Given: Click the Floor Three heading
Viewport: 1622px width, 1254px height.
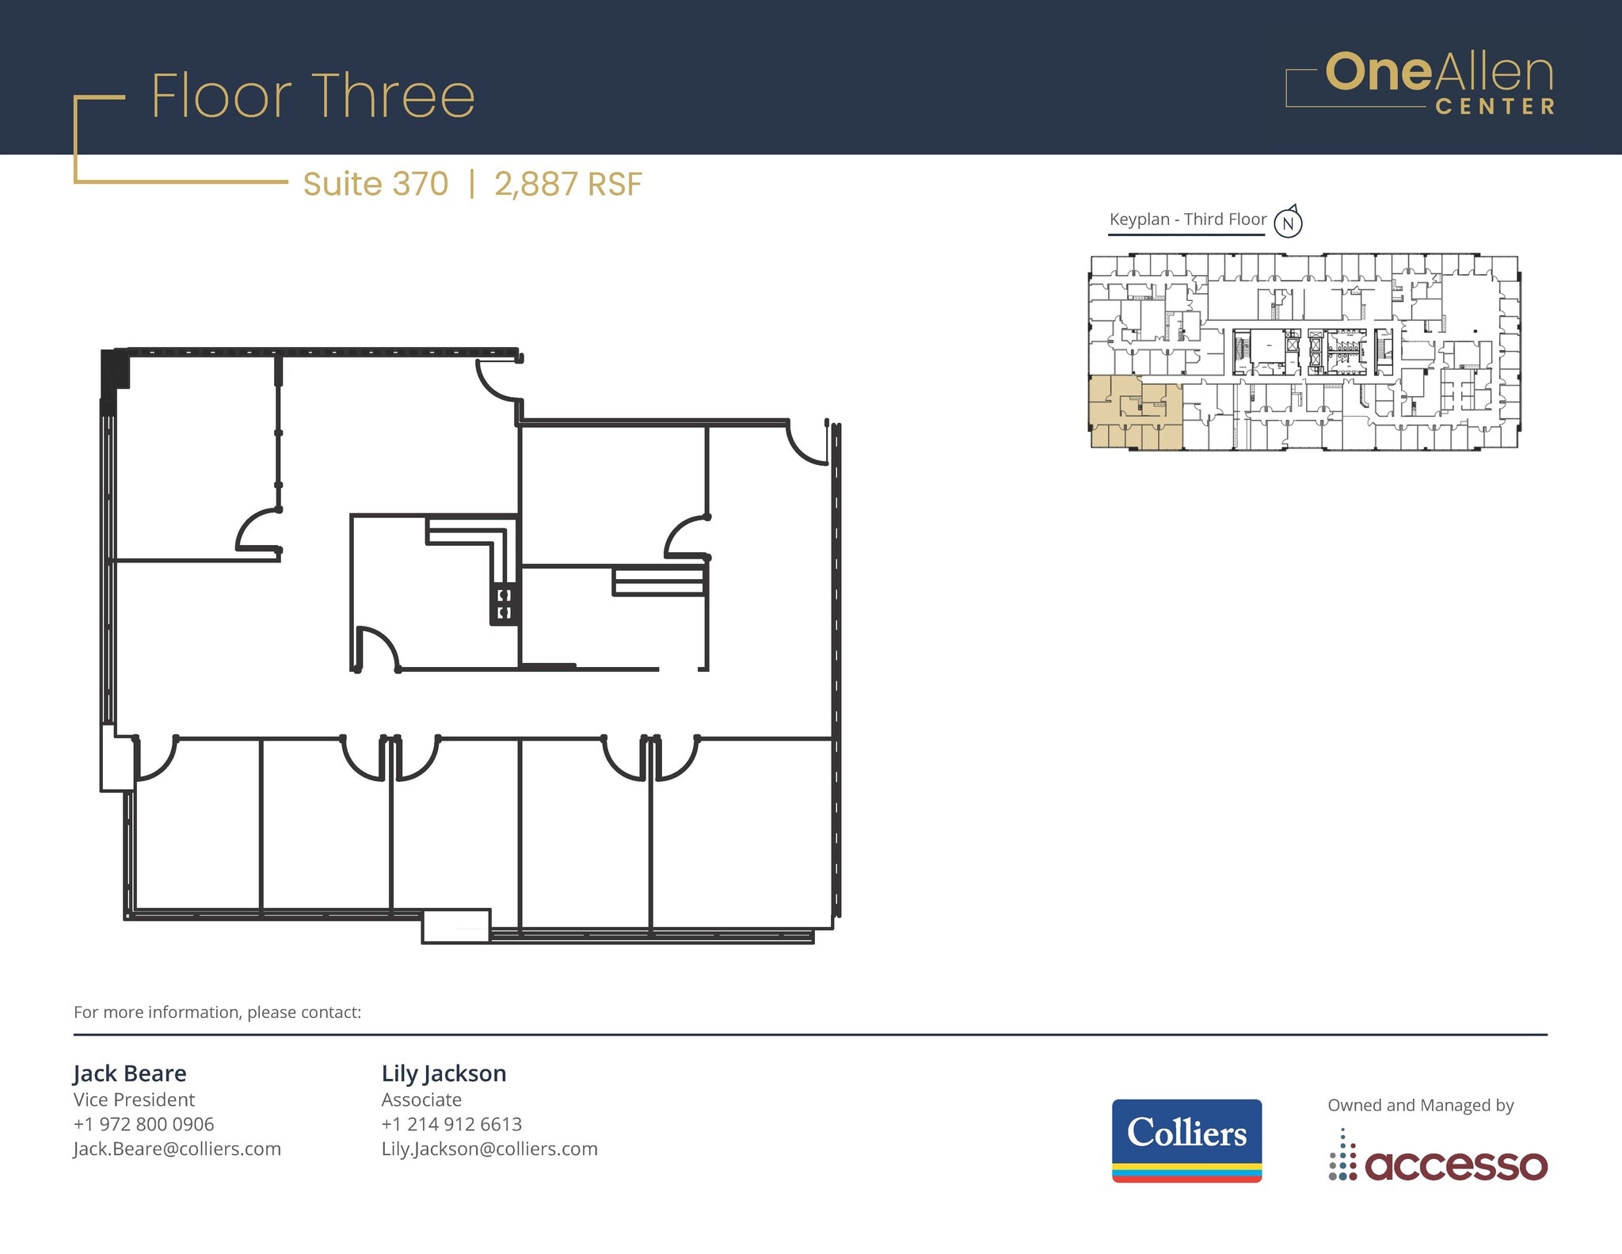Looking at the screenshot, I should tap(313, 97).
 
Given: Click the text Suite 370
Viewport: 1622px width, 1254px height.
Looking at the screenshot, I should tap(375, 184).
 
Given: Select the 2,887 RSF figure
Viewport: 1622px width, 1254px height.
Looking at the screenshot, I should tap(568, 184).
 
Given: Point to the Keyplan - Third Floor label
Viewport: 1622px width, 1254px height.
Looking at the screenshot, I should tap(1187, 219).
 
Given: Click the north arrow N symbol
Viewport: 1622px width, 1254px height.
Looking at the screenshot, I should tap(1288, 223).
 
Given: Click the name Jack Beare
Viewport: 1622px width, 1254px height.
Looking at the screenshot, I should tap(130, 1073).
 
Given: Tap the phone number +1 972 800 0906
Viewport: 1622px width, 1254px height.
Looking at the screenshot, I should tap(143, 1124).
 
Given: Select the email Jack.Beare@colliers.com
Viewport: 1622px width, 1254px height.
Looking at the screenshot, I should tap(177, 1149).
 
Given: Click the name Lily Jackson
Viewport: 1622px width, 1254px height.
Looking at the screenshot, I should tap(444, 1073).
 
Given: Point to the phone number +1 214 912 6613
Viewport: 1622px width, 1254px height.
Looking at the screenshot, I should tap(451, 1124).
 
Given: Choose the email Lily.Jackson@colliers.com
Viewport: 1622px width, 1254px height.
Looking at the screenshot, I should tap(489, 1149).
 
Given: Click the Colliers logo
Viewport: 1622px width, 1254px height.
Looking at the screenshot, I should tap(1186, 1140).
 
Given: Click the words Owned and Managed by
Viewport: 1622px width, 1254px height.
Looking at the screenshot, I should tap(1420, 1105).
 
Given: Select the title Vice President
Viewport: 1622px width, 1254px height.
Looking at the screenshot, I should tap(134, 1100).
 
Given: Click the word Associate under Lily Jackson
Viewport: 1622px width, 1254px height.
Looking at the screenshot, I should tap(421, 1100).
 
